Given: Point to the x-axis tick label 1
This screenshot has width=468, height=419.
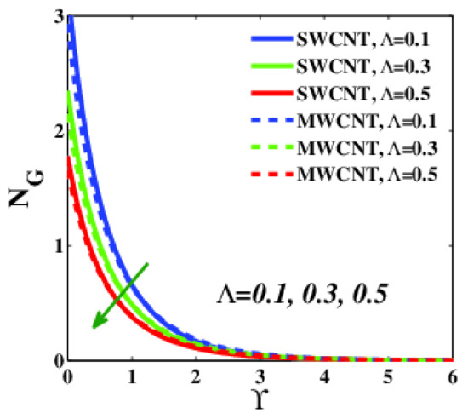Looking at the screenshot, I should [132, 376].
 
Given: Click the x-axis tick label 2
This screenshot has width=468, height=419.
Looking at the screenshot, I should [196, 376].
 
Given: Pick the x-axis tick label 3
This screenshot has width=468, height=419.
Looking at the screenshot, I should [260, 376].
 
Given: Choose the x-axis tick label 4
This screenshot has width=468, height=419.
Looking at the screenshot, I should [323, 376].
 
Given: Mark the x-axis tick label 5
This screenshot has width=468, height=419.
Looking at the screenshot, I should [387, 376].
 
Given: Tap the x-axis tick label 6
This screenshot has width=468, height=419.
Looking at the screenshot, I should [450, 376].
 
